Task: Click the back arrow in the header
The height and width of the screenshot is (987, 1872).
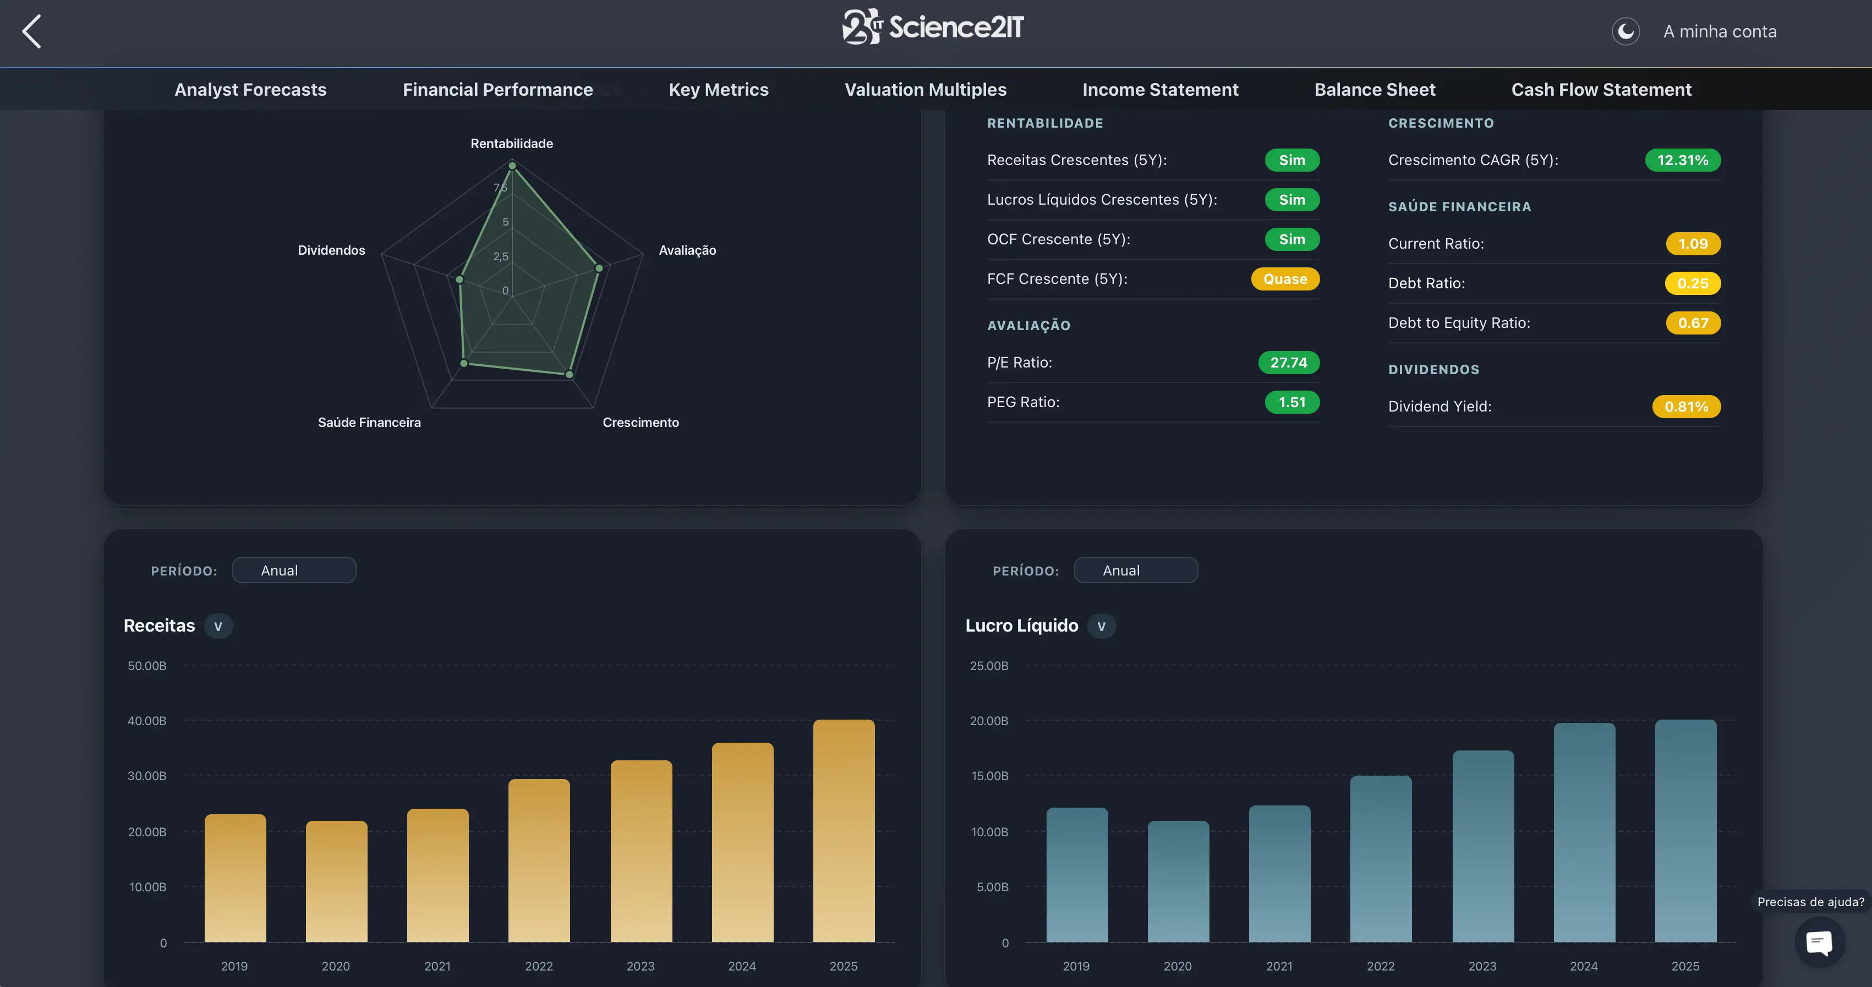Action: click(31, 31)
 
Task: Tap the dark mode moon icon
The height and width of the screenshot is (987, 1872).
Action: click(1625, 31)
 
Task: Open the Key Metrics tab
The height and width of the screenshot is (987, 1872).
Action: click(718, 89)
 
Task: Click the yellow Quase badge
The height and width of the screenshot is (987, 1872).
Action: click(1285, 279)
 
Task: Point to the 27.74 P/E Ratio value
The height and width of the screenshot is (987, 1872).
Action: click(1289, 363)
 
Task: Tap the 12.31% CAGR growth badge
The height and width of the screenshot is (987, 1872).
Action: click(1682, 160)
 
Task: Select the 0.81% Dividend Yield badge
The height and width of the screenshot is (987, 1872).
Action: click(1686, 406)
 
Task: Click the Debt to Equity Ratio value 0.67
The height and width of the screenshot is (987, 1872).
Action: click(1693, 323)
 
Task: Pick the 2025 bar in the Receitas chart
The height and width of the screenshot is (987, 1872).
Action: click(844, 831)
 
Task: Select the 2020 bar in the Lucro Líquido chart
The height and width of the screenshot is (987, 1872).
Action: click(1178, 881)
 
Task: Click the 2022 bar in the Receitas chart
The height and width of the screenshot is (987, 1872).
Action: click(539, 860)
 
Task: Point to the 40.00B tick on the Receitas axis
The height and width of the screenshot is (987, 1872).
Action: click(147, 721)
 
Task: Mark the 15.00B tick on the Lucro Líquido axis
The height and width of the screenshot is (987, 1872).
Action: click(989, 776)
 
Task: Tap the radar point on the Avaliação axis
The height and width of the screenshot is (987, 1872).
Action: click(599, 268)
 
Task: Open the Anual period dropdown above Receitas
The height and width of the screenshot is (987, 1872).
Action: click(294, 571)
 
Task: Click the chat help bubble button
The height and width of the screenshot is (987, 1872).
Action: click(1819, 942)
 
